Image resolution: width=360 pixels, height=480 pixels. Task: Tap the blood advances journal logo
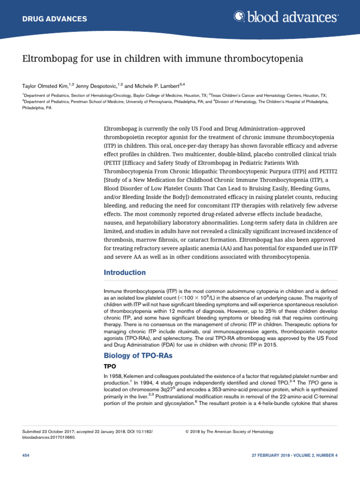tap(285, 18)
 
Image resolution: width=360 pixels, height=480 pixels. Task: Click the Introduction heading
tap(124, 272)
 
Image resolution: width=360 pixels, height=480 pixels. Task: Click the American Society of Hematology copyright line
tap(230, 431)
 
